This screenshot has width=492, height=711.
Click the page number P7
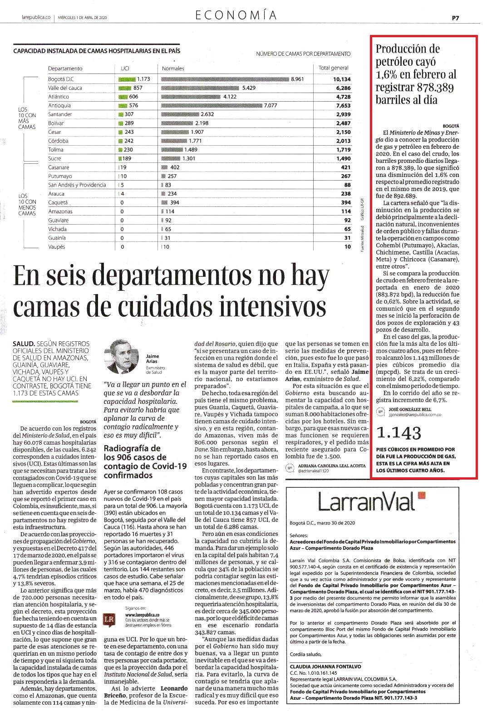pyautogui.click(x=455, y=18)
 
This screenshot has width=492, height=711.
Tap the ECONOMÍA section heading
pyautogui.click(x=236, y=15)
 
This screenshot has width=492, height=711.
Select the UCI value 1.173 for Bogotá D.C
pyautogui.click(x=143, y=79)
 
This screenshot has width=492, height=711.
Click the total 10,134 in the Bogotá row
pyautogui.click(x=342, y=79)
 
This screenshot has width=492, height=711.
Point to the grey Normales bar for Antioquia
pyautogui.click(x=212, y=105)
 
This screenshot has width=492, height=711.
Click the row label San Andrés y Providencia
pyautogui.click(x=77, y=185)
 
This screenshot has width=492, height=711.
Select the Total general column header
pyautogui.click(x=333, y=68)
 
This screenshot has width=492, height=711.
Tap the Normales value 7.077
pyautogui.click(x=271, y=105)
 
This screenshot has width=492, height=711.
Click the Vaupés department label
pyautogui.click(x=56, y=247)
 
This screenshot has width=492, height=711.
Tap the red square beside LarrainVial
pyautogui.click(x=422, y=495)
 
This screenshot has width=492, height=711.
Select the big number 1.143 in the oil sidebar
pyautogui.click(x=399, y=433)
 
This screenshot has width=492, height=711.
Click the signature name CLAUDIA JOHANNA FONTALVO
pyautogui.click(x=325, y=667)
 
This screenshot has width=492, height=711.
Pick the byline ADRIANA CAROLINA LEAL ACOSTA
pyautogui.click(x=332, y=466)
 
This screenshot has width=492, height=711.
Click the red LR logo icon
pyautogui.click(x=109, y=620)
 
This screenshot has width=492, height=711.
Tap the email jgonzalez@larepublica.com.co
pyautogui.click(x=414, y=415)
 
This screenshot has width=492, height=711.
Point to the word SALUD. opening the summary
pyautogui.click(x=24, y=344)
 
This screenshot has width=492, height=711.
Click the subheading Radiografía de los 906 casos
pyautogui.click(x=145, y=461)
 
